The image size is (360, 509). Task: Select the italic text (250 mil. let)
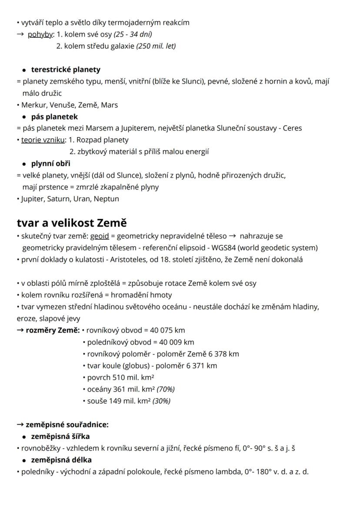[x=156, y=46]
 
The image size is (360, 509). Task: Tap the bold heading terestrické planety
[x=66, y=70]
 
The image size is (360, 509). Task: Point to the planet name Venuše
[x=58, y=105]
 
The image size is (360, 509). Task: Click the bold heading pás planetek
[x=54, y=117]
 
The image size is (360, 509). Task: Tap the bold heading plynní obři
[x=50, y=164]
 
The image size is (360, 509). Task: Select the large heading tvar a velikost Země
[x=72, y=223]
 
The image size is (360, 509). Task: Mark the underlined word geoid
[x=100, y=236]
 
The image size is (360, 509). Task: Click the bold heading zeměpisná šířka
[x=60, y=436]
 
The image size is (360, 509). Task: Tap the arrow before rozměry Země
[x=20, y=330]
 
